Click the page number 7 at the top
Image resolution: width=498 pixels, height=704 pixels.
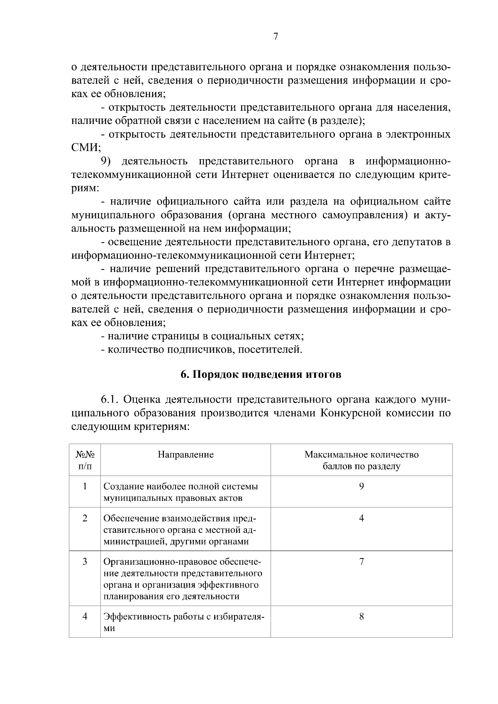[x=276, y=36]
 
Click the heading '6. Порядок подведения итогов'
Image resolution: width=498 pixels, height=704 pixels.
[x=261, y=374]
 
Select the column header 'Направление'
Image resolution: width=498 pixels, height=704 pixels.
[x=186, y=454]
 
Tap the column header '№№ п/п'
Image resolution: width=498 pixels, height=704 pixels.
[x=85, y=460]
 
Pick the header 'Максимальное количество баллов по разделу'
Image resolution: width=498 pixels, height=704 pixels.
[x=361, y=460]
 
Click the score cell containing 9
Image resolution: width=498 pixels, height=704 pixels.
[x=361, y=486]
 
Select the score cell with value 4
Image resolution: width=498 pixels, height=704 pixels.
[x=361, y=518]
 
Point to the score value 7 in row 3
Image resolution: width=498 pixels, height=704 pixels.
[x=361, y=562]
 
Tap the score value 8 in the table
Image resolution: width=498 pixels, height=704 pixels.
[x=361, y=617]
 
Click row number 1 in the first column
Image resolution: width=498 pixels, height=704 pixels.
[x=85, y=486]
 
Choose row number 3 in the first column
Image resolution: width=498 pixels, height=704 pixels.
[x=85, y=562]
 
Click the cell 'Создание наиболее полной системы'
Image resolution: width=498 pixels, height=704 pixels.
[x=181, y=486]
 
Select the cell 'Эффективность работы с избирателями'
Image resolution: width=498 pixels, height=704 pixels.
[x=184, y=622]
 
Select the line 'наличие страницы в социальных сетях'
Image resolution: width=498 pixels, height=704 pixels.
[x=203, y=336]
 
